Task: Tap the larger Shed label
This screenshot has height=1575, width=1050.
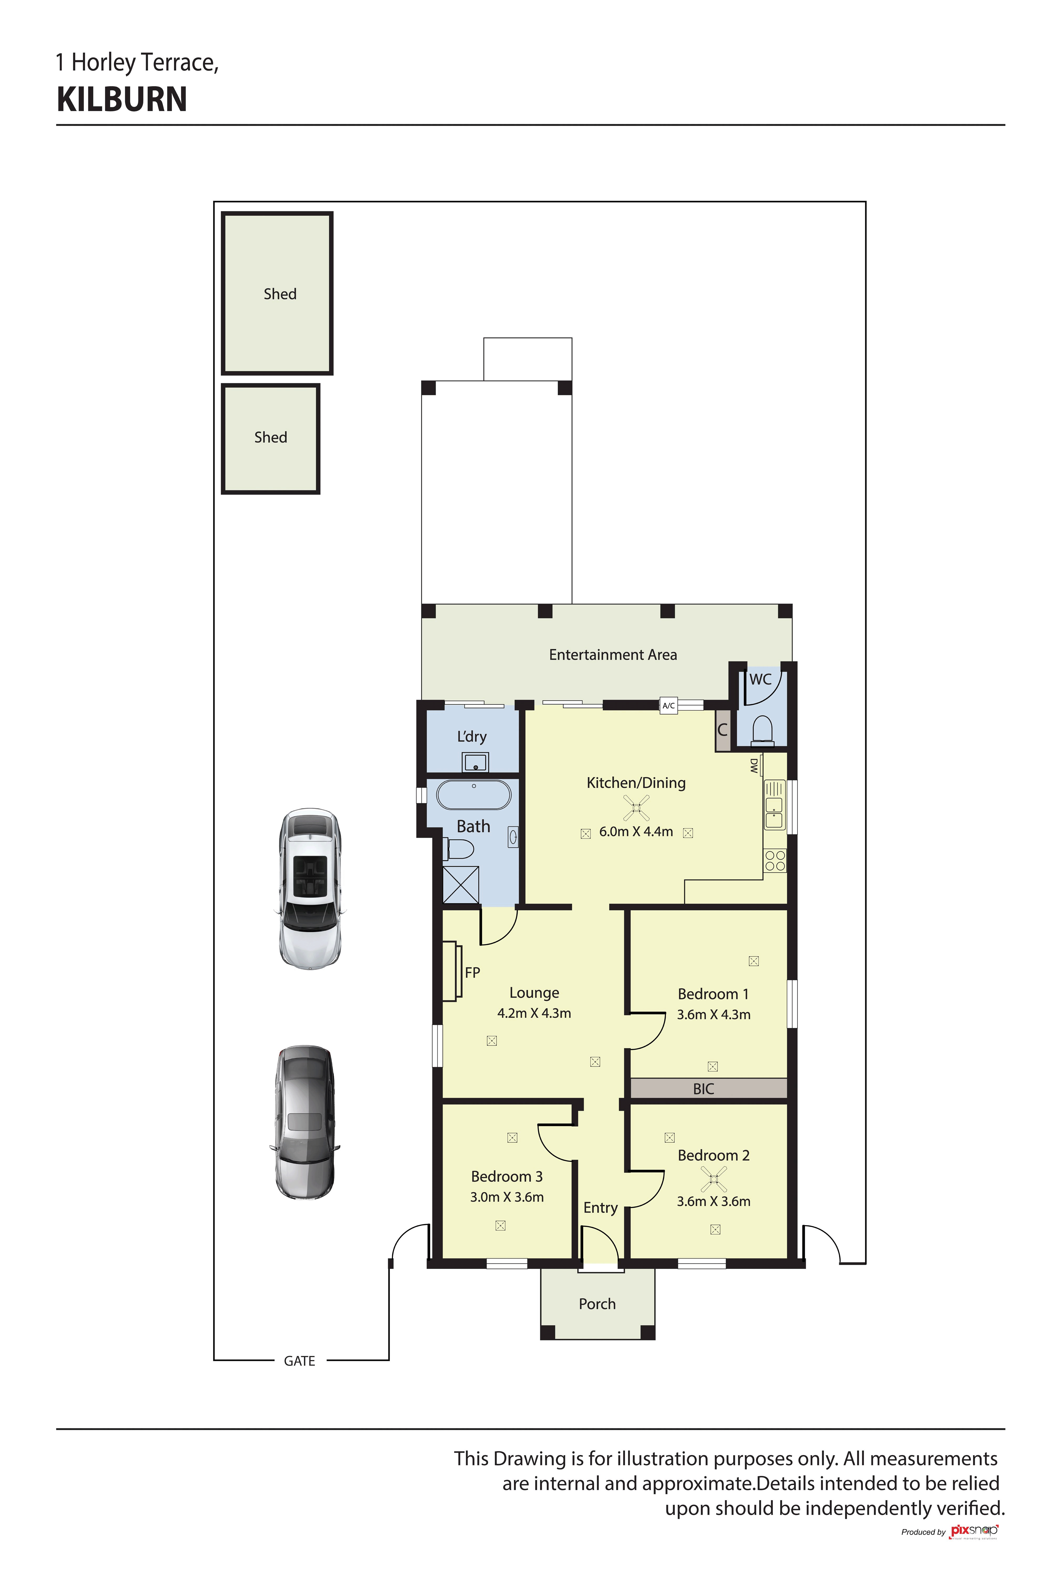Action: pyautogui.click(x=280, y=294)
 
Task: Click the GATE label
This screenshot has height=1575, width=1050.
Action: pyautogui.click(x=299, y=1361)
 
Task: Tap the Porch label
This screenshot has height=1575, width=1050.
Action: pyautogui.click(x=597, y=1304)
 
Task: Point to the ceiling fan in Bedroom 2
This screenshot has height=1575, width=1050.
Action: pyautogui.click(x=714, y=1179)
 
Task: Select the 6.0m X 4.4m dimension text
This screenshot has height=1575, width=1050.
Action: pyautogui.click(x=636, y=832)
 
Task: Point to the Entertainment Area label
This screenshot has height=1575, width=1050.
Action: pyautogui.click(x=613, y=655)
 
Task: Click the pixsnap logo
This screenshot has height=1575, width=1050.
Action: pyautogui.click(x=974, y=1531)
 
